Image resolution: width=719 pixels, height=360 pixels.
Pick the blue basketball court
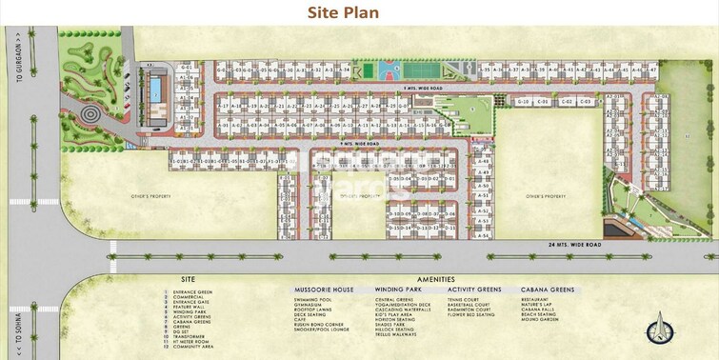tap(388, 70)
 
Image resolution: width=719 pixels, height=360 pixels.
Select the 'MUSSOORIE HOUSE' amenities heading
tap(322, 289)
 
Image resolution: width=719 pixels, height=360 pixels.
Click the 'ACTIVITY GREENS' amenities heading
tap(474, 289)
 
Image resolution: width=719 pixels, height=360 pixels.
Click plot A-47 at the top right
tap(652, 70)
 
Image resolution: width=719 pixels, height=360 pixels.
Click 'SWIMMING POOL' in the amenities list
tap(314, 299)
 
